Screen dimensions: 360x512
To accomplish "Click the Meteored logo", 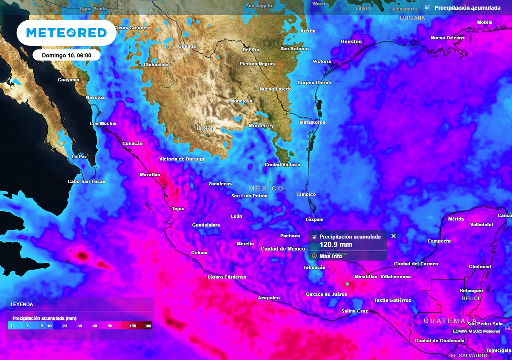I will click(x=66, y=33).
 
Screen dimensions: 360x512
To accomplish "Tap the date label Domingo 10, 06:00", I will click(x=66, y=55).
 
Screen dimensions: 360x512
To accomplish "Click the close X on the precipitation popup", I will click(x=393, y=236).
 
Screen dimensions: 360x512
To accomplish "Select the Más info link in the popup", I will click(x=331, y=256).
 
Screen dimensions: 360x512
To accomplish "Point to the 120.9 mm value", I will click(x=336, y=245).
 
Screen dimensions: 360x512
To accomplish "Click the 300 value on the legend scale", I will click(x=148, y=326).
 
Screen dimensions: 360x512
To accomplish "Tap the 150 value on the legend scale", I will click(x=133, y=326).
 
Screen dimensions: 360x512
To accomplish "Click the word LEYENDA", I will click(x=22, y=304).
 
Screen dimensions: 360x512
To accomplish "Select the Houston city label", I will click(x=351, y=42).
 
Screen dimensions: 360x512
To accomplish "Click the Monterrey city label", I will click(x=261, y=126).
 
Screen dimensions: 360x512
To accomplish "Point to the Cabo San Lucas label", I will click(x=86, y=181).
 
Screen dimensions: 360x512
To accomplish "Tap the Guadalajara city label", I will click(x=206, y=225).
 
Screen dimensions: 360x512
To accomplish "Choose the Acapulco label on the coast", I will click(x=269, y=298).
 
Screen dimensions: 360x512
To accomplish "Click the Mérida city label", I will click(x=456, y=219).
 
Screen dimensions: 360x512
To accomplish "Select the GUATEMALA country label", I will click(x=450, y=320).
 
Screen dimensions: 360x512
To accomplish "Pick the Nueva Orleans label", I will click(x=448, y=38).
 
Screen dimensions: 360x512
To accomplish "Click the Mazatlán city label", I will click(x=150, y=175).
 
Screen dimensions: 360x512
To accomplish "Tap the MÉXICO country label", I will click(x=266, y=188).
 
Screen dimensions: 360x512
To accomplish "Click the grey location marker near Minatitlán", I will click(x=347, y=284).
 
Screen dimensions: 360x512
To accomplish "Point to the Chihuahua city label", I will click(x=156, y=65).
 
